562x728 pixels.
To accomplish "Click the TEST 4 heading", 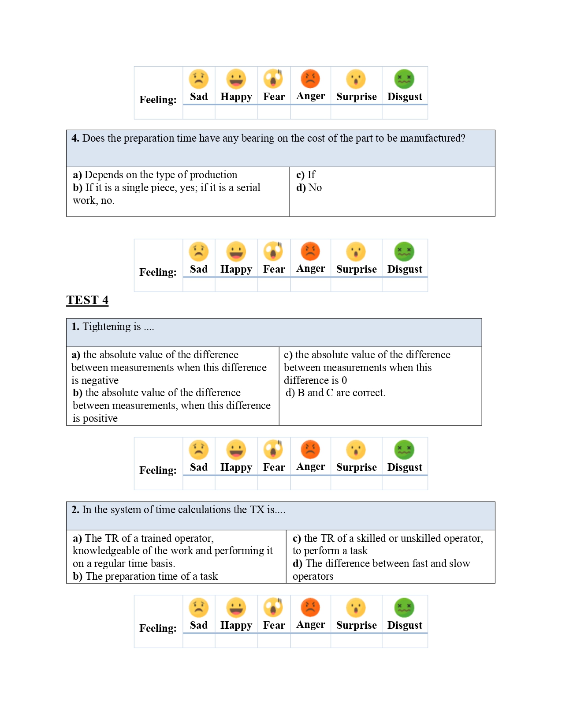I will pos(87,300).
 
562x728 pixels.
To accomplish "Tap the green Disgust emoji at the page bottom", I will pos(404,608).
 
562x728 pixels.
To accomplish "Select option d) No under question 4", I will pos(309,188).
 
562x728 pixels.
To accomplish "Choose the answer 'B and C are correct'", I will pos(336,393).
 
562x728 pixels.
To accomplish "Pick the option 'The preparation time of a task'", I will pos(145,576).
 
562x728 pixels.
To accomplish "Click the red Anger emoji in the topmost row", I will pos(310,79).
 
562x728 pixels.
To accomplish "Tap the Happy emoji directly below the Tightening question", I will pos(236,450).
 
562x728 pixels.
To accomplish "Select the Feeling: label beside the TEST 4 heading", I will pos(158,272).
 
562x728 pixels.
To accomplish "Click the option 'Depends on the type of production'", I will pos(155,175).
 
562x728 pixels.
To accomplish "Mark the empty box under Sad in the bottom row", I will pos(199,641).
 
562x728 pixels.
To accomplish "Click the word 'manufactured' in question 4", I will pos(433,138).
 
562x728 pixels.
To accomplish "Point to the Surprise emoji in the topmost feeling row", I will pos(356,79).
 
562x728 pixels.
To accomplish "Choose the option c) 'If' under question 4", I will pos(306,175).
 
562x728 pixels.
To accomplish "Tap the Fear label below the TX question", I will pos(274,625).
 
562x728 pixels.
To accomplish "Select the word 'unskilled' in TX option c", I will pos(419,538).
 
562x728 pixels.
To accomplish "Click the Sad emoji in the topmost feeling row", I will pos(199,79).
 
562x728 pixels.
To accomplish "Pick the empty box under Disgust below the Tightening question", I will pos(405,483).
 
